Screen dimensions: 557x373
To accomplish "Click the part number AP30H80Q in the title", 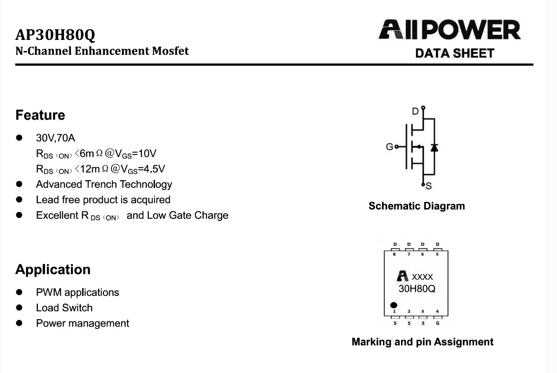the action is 55,35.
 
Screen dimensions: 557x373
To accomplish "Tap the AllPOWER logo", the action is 450,30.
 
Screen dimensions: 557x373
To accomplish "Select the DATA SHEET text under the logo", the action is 454,53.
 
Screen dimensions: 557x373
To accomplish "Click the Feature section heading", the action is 40,115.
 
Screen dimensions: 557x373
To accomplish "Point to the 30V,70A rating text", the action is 55,138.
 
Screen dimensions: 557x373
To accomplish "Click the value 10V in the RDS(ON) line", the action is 147,154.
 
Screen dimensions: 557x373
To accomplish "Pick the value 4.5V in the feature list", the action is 154,169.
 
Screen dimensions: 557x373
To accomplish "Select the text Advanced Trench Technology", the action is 104,185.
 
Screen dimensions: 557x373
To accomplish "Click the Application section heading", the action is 53,270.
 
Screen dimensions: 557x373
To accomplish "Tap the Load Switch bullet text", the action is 64,308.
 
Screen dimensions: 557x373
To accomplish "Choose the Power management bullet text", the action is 83,323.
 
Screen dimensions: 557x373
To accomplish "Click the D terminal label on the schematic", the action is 415,111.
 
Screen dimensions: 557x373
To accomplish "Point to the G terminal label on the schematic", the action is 389,147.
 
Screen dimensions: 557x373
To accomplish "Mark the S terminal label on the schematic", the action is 428,186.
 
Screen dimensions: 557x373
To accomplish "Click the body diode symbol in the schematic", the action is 434,148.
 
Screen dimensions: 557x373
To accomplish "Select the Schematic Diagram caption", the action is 417,206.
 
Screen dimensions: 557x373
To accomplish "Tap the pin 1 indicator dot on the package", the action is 394,305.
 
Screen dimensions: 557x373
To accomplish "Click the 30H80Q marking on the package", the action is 417,289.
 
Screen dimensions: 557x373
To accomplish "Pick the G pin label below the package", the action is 438,323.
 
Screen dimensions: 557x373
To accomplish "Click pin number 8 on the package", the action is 395,254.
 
